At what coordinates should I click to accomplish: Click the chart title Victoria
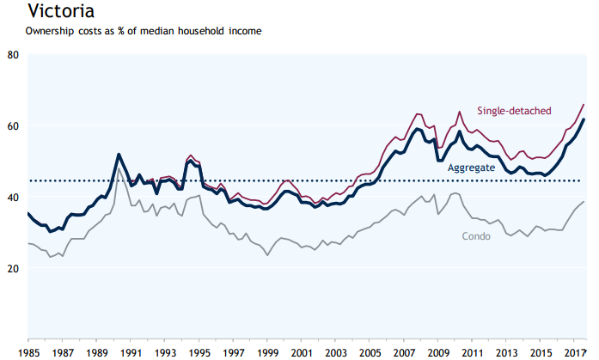point(61,12)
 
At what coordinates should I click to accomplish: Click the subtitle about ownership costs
point(144,32)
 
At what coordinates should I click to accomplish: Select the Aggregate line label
point(471,168)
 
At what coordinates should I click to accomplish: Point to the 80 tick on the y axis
point(13,56)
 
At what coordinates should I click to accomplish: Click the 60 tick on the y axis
point(13,126)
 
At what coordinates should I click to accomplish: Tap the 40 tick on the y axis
point(13,197)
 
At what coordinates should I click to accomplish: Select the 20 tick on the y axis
point(13,267)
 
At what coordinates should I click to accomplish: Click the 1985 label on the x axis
point(28,352)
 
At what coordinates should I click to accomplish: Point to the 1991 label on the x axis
point(131,352)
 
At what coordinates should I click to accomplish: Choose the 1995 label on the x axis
point(199,352)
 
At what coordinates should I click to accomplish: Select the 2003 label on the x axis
point(336,352)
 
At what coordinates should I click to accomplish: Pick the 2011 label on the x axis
point(472,352)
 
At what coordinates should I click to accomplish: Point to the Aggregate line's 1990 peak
point(118,155)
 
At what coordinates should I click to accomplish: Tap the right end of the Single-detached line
point(584,104)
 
